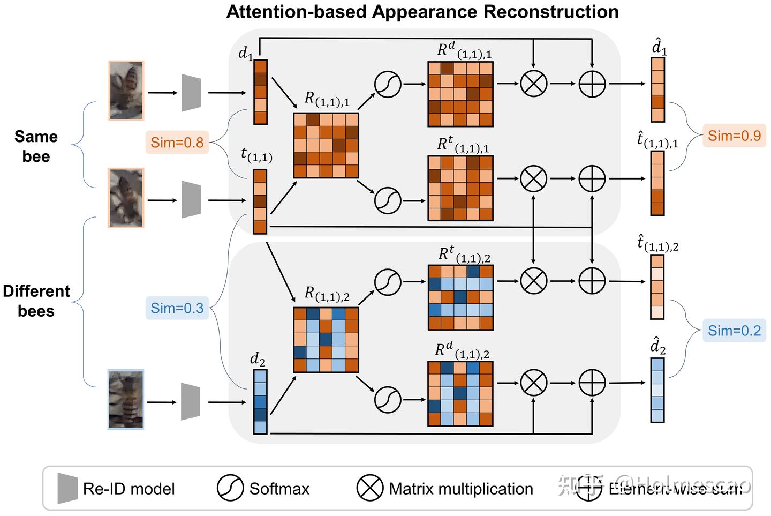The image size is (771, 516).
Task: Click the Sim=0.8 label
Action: point(177,143)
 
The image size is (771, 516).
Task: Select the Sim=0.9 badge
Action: point(734,136)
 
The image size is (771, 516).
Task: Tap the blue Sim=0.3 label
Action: point(177,308)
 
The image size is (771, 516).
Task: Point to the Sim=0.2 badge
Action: point(734,331)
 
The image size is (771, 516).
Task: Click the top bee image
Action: point(126,91)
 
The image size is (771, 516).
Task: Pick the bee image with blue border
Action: point(126,399)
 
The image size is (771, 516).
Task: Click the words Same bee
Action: point(36,146)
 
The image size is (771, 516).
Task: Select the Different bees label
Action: point(36,301)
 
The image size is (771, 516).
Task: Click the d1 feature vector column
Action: point(260,92)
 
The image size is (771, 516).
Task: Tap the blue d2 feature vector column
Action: point(260,402)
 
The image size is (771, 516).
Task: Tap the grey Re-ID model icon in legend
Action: point(67,488)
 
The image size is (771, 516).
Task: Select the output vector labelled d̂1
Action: point(657,89)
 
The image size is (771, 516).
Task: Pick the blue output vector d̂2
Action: point(657,390)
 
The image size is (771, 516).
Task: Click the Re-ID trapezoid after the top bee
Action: point(191,93)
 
